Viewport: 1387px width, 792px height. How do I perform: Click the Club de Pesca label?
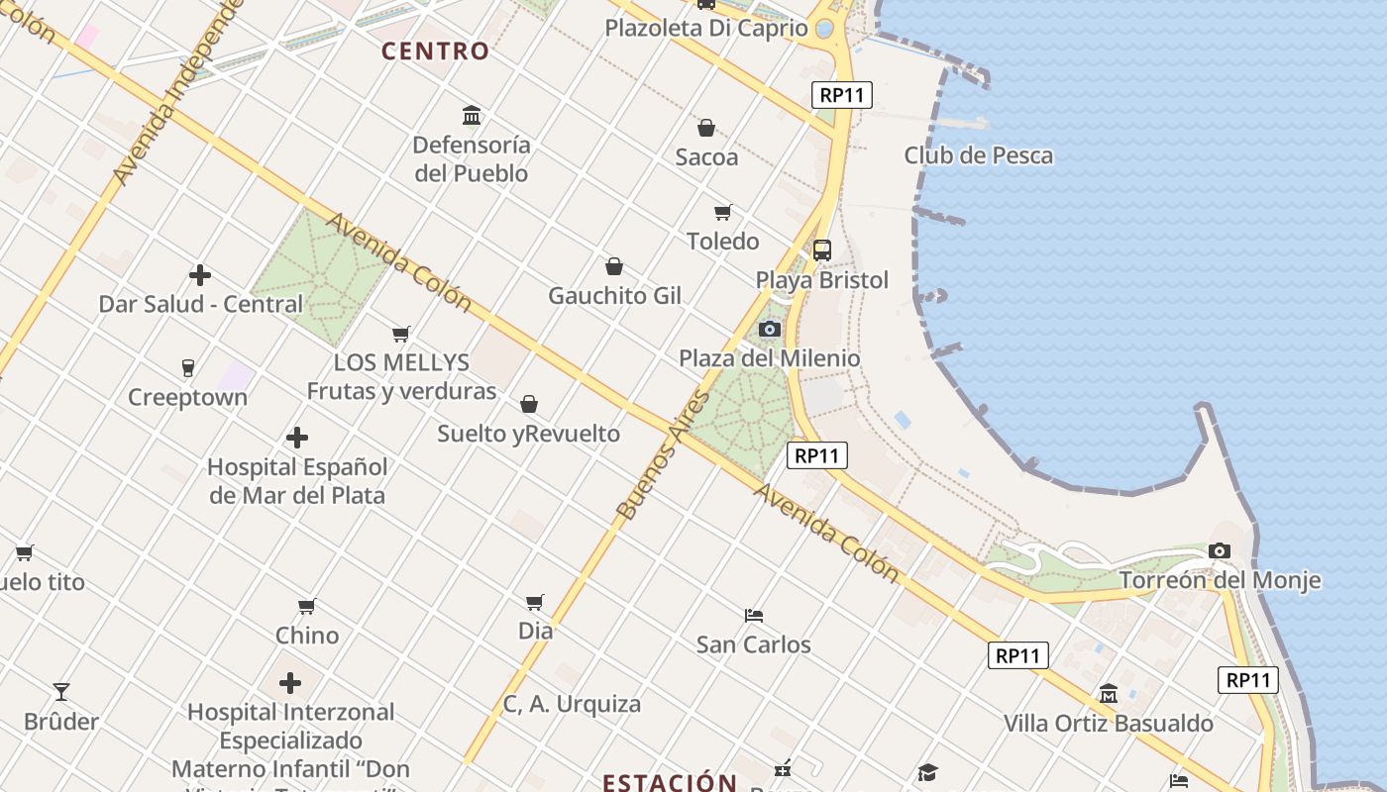978,155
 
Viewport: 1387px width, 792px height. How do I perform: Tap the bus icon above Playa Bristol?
822,250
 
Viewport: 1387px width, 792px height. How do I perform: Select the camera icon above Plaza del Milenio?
770,329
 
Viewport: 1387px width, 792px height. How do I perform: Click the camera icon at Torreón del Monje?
1220,550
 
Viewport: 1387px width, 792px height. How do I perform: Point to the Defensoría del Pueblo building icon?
472,116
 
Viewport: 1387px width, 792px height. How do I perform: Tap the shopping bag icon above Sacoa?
706,128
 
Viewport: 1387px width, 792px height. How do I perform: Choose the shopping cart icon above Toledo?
723,212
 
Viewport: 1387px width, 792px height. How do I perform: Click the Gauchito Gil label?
614,295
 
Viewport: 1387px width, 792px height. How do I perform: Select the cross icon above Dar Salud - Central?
200,274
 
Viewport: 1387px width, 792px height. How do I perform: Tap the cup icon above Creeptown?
188,368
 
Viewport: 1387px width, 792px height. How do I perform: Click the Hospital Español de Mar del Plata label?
297,480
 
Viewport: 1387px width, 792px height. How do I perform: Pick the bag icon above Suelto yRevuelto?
529,404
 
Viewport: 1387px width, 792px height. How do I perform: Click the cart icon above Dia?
535,601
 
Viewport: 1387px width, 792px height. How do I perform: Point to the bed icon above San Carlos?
754,615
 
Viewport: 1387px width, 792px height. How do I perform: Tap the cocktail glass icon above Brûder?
61,692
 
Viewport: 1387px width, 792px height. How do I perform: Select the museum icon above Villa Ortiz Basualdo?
1109,694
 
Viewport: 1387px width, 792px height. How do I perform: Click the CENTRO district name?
436,50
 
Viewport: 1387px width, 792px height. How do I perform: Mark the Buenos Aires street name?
663,455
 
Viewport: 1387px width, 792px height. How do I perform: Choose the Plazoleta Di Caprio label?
706,28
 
